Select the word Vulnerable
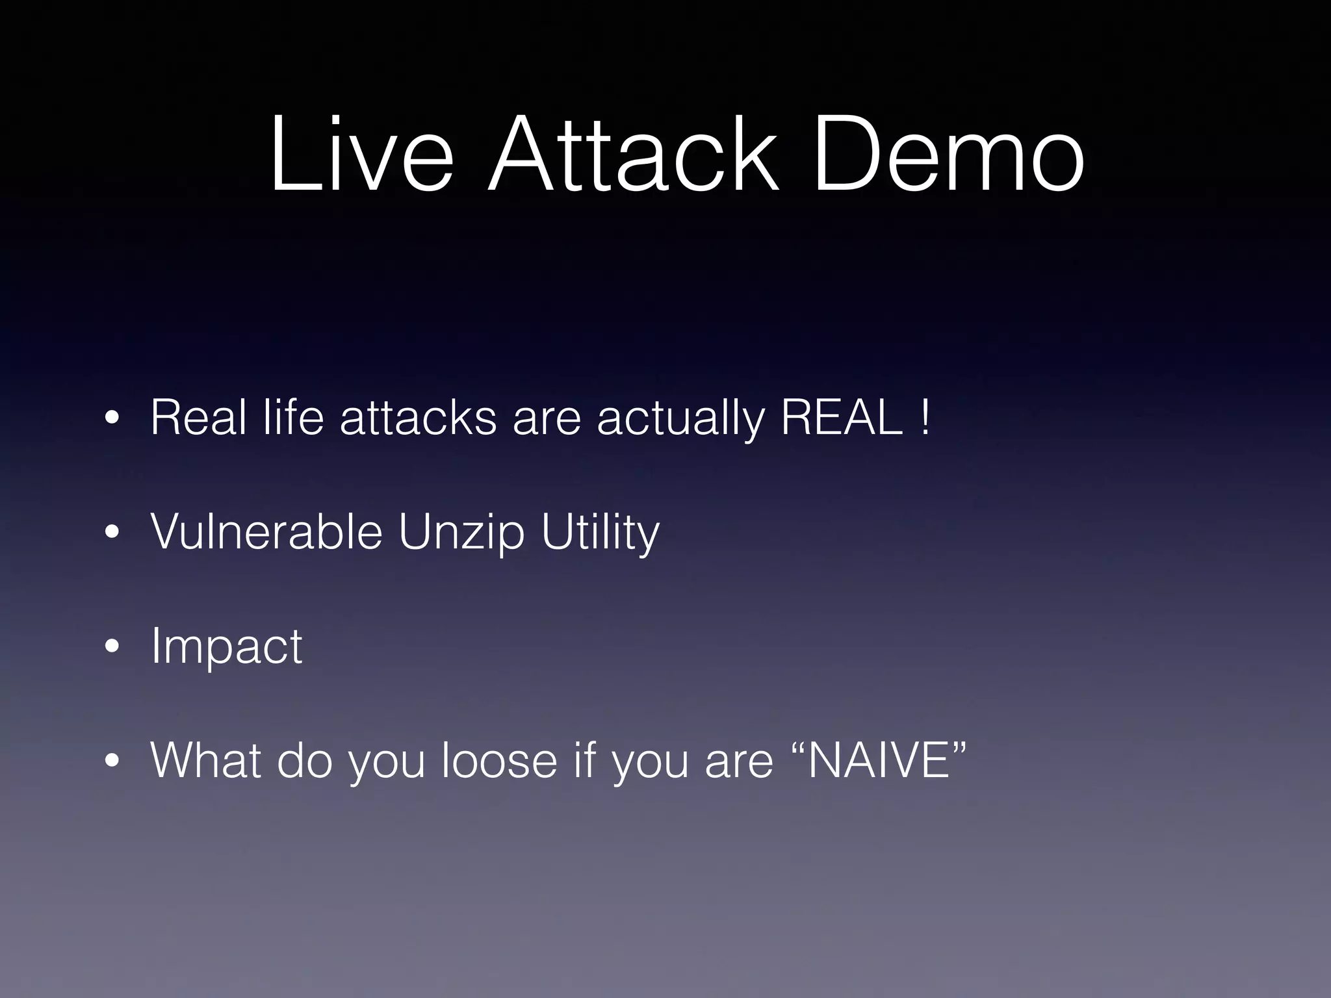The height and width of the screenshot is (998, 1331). (x=266, y=531)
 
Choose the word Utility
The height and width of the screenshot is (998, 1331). (x=600, y=534)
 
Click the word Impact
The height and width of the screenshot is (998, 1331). (x=226, y=647)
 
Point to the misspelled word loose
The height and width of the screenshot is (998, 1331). (x=499, y=760)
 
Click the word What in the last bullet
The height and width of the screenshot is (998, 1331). (x=205, y=760)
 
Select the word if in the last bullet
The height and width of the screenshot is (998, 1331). (x=585, y=760)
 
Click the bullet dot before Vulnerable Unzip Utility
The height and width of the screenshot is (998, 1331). (x=112, y=533)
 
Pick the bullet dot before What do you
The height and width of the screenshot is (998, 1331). (x=112, y=761)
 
